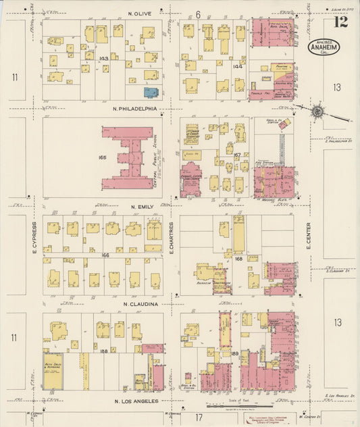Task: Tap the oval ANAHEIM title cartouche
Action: (324, 47)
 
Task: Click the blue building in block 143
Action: (151, 93)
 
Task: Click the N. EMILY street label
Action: (143, 206)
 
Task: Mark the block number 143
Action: (103, 59)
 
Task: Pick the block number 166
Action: (105, 255)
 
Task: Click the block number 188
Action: (103, 351)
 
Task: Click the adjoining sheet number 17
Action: (199, 416)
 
